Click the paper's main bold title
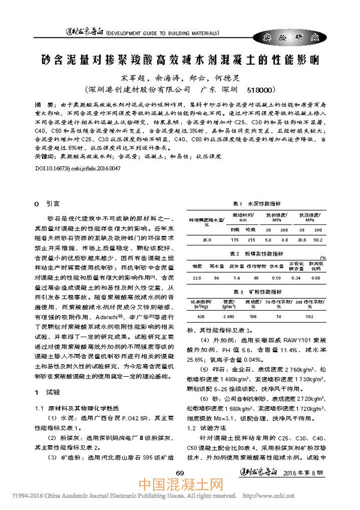(x=180, y=60)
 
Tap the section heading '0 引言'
(x=47, y=203)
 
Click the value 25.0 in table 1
(x=206, y=239)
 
